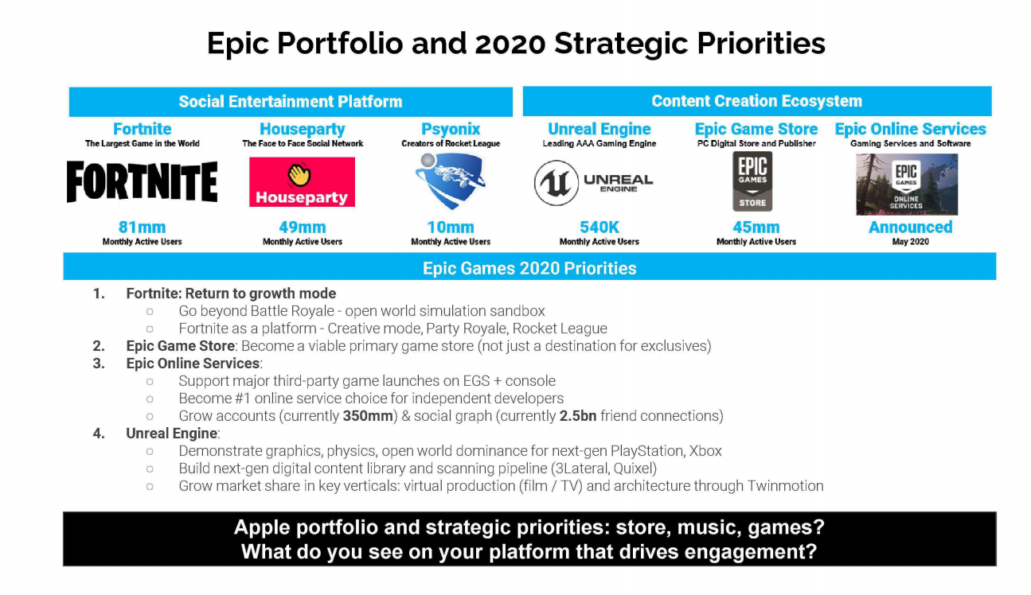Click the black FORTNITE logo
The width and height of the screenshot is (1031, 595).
[142, 181]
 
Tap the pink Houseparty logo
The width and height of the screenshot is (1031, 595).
[302, 181]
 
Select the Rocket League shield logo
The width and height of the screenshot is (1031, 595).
[451, 181]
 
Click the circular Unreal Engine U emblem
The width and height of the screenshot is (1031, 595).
[557, 182]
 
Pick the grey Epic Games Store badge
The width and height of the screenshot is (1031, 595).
[752, 181]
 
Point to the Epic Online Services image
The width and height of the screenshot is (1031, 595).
[907, 185]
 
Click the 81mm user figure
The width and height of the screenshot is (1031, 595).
[142, 227]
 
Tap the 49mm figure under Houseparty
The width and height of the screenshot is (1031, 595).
[303, 227]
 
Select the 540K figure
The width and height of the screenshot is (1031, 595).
[599, 227]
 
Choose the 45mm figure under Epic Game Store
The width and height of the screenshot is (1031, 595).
[756, 227]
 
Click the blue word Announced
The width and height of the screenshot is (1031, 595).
[911, 227]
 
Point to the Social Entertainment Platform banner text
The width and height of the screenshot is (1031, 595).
[291, 102]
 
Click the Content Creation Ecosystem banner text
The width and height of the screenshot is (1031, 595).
[756, 101]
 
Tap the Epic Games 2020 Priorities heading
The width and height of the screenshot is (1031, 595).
[529, 268]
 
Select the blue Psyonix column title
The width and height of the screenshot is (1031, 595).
[451, 129]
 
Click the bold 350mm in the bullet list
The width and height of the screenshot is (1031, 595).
[368, 416]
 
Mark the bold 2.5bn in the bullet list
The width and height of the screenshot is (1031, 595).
[578, 416]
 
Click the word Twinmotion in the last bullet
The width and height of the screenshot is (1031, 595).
[785, 485]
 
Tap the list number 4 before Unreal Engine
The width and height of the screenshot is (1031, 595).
[99, 434]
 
